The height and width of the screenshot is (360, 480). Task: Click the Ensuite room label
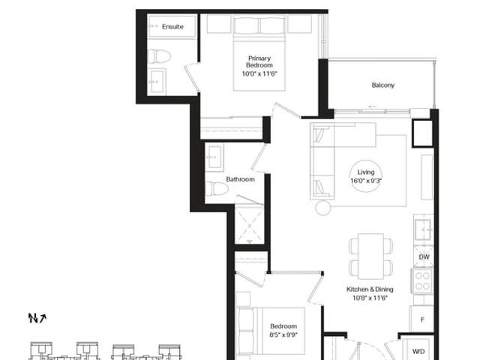pyautogui.click(x=172, y=27)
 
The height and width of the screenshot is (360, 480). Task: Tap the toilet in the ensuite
pyautogui.click(x=159, y=56)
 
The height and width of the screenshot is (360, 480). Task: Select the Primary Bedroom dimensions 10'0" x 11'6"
pyautogui.click(x=259, y=73)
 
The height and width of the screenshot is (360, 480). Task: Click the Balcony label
pyautogui.click(x=383, y=85)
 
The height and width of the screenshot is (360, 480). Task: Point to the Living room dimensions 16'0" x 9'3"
pyautogui.click(x=366, y=181)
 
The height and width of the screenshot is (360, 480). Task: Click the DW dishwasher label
pyautogui.click(x=424, y=256)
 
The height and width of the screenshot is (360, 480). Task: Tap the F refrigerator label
pyautogui.click(x=422, y=320)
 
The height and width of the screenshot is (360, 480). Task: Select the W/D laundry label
pyautogui.click(x=418, y=352)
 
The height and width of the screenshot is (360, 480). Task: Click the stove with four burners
pyautogui.click(x=423, y=280)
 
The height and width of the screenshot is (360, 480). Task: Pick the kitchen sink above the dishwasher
pyautogui.click(x=424, y=229)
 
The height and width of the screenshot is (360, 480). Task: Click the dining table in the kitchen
pyautogui.click(x=371, y=256)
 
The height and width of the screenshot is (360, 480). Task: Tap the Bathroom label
pyautogui.click(x=240, y=179)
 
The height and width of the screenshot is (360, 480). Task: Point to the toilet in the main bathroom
pyautogui.click(x=217, y=188)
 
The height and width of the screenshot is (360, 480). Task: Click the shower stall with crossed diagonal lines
pyautogui.click(x=250, y=226)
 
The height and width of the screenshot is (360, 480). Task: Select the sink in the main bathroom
pyautogui.click(x=214, y=157)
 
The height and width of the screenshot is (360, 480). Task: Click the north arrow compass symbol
pyautogui.click(x=37, y=318)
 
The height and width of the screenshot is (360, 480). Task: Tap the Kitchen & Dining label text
pyautogui.click(x=370, y=289)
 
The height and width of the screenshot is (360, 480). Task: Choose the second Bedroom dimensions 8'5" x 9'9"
pyautogui.click(x=283, y=335)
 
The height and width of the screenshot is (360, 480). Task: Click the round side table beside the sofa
pyautogui.click(x=323, y=208)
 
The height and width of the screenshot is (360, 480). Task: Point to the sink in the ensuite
pyautogui.click(x=157, y=82)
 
